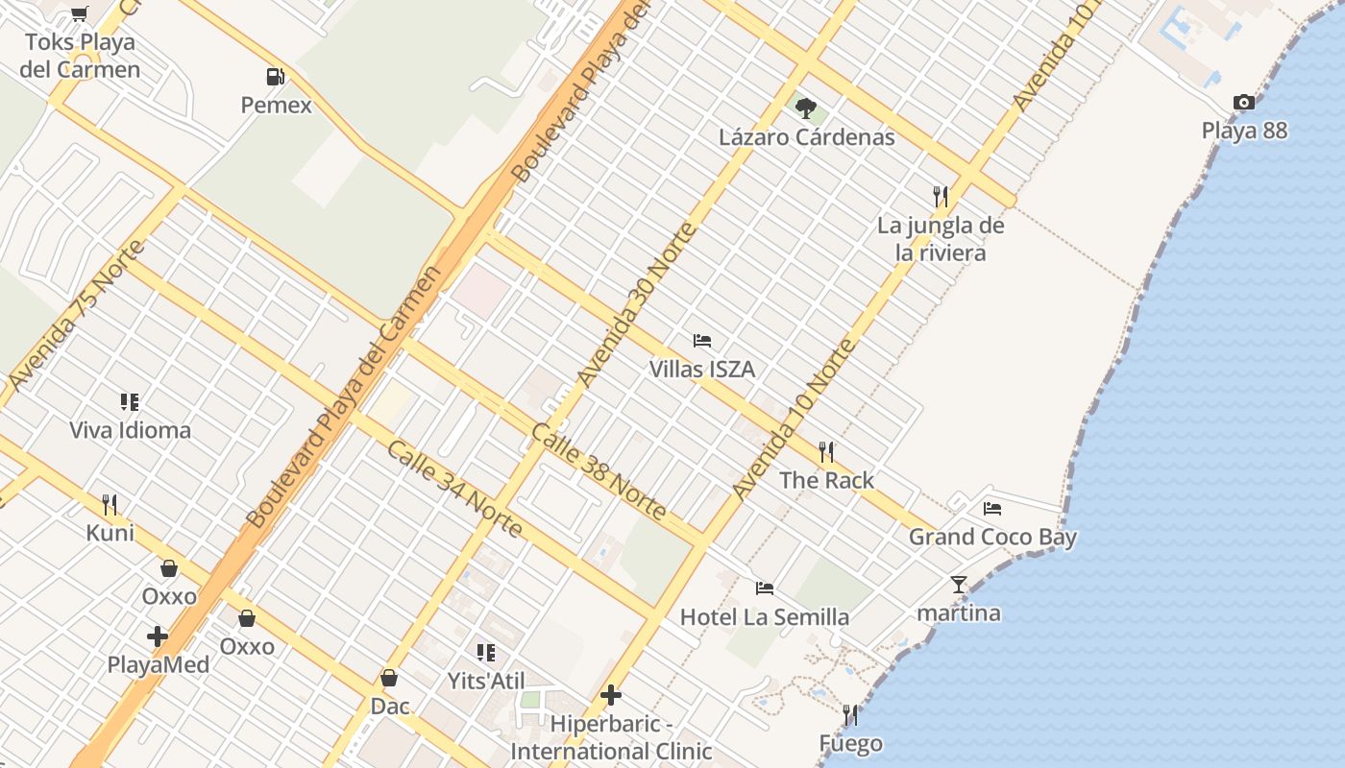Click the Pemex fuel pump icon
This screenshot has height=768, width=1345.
coord(276,77)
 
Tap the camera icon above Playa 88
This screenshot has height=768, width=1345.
coord(1243,103)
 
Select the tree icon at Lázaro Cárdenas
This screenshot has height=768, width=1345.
coord(806,108)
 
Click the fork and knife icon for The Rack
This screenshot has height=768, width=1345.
coord(826,451)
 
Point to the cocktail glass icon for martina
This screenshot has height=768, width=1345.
coord(958,584)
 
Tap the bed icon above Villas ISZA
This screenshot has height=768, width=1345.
coord(702,341)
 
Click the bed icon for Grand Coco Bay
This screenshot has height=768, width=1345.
coord(992,508)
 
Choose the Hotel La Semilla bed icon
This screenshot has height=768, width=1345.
coord(765,588)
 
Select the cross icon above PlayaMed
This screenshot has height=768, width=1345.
coord(158,636)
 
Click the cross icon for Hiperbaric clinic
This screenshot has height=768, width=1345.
coord(611,695)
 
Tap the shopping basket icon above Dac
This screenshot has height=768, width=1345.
coord(389,678)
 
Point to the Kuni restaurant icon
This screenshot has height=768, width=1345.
coord(110,504)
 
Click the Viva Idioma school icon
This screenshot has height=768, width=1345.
coord(130,401)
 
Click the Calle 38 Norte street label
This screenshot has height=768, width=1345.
coord(599,471)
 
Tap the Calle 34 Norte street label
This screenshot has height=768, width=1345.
coord(455,489)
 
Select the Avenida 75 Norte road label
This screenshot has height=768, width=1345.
coord(75,315)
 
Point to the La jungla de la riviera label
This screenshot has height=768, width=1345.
coord(941,239)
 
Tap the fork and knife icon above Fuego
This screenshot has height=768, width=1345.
coord(850,715)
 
